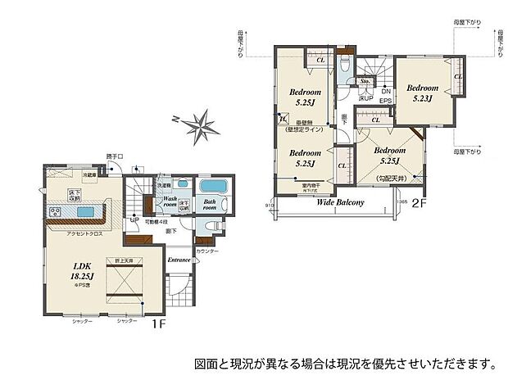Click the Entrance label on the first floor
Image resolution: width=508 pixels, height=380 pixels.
tap(179, 260)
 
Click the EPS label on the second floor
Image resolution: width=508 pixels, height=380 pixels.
tap(385, 100)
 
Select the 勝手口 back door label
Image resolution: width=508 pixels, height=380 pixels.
tap(115, 156)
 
